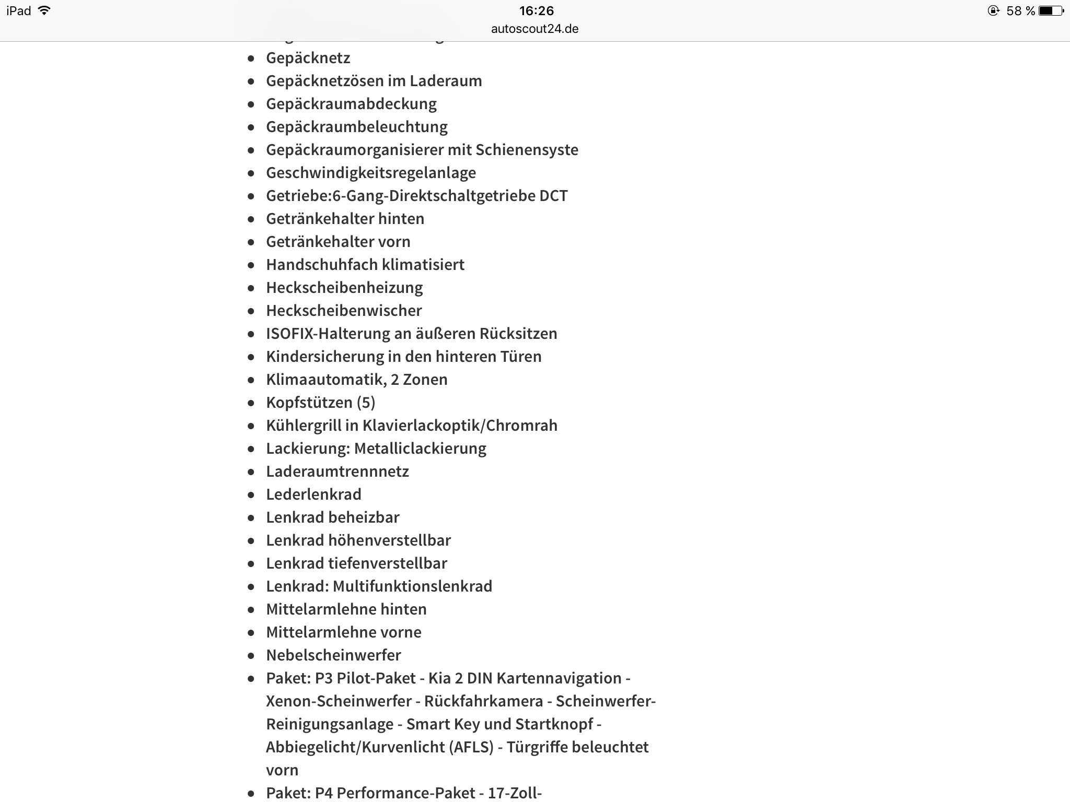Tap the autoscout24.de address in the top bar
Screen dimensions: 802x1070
[x=534, y=29]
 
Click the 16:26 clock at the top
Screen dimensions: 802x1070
[x=536, y=11]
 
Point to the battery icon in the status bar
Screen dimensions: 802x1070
[x=1050, y=11]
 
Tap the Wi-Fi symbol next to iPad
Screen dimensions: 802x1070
[x=44, y=10]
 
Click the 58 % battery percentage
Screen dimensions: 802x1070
[x=1020, y=11]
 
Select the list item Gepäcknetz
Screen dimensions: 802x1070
[x=308, y=58]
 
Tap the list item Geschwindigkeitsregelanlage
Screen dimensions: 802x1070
[x=370, y=173]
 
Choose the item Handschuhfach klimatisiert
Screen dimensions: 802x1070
[x=365, y=265]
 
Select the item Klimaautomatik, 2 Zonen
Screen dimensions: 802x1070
[x=356, y=380]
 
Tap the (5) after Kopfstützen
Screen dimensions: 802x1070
[x=366, y=403]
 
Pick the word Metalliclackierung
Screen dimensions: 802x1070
[x=420, y=449]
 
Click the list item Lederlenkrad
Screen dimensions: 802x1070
[x=313, y=494]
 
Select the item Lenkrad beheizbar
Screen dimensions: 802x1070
[x=332, y=517]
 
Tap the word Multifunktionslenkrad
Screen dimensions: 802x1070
[x=412, y=586]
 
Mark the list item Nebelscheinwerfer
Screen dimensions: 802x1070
[x=333, y=655]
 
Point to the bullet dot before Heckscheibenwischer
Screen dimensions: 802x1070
[x=251, y=311]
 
